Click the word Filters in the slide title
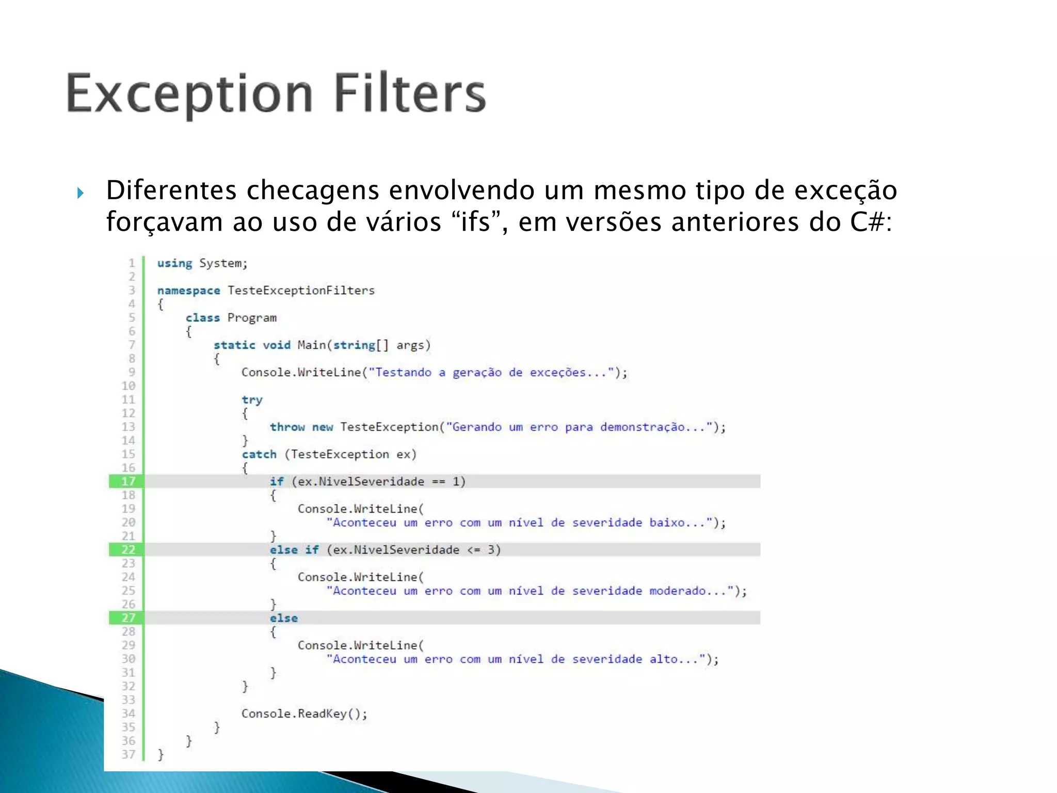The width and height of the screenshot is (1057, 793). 410,93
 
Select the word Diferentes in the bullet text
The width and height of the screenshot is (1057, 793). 171,190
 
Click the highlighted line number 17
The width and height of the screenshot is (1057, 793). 128,482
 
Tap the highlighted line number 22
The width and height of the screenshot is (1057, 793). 128,550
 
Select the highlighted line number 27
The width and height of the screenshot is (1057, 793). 128,618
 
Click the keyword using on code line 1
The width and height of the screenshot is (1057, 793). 174,263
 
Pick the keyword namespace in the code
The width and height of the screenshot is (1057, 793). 188,291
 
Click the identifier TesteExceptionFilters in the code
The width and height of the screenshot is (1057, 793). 301,291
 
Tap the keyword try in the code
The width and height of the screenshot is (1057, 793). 252,400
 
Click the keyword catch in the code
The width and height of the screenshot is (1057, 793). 259,454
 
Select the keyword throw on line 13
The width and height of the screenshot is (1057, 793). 287,427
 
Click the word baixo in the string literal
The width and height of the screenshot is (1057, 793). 667,522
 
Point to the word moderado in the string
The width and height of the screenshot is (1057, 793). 677,591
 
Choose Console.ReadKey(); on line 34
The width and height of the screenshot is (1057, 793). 304,713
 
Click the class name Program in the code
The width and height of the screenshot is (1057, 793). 252,318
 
